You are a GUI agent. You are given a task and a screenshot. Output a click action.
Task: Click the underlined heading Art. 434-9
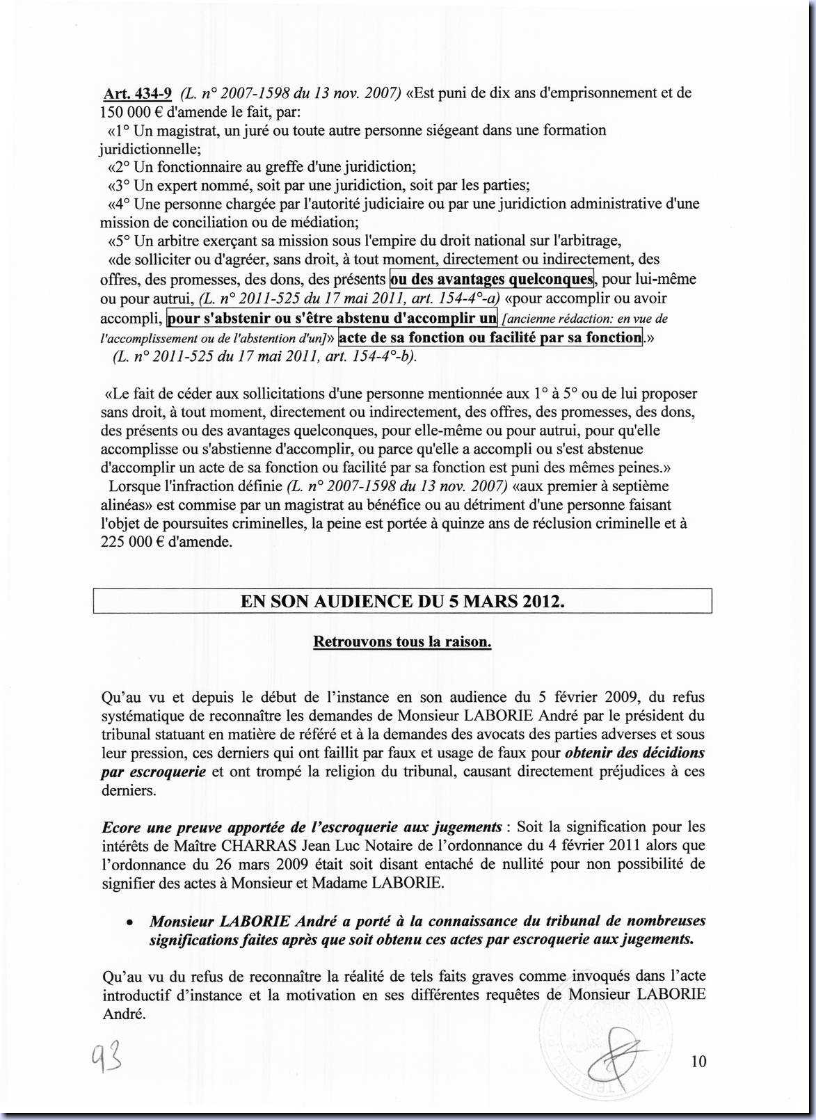click(x=137, y=93)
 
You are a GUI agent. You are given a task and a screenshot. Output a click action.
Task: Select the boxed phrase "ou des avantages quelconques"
click(x=492, y=280)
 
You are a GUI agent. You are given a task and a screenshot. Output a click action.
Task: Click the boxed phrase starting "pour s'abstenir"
click(x=332, y=319)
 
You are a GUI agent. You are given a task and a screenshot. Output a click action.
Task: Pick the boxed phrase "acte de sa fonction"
click(x=489, y=338)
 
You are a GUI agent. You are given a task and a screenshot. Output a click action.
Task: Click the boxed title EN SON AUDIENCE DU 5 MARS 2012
click(x=402, y=601)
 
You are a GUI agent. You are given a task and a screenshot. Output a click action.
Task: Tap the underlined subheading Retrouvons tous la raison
click(x=402, y=641)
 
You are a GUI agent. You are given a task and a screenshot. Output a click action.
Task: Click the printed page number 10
click(x=698, y=1062)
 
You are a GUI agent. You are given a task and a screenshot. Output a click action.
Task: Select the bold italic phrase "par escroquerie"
click(x=153, y=771)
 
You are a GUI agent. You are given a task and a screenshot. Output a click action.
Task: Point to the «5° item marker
click(x=119, y=241)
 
